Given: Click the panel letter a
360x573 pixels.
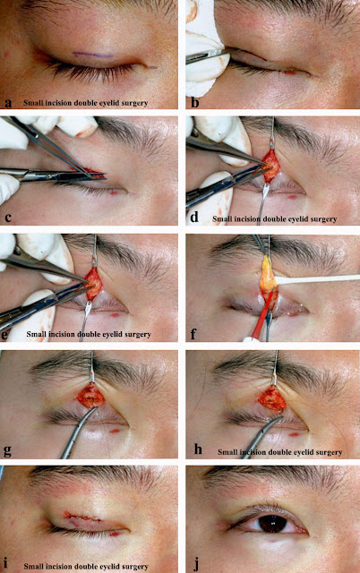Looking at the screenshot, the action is pyautogui.click(x=8, y=102).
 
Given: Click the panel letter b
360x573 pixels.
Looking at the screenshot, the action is pyautogui.click(x=195, y=102).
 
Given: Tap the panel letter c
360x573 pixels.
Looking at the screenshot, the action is pyautogui.click(x=8, y=218).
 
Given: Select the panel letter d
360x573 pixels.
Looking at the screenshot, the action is pyautogui.click(x=194, y=217).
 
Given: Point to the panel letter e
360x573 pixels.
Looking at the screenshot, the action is pyautogui.click(x=8, y=334).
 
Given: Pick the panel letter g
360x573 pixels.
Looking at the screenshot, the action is pyautogui.click(x=7, y=451).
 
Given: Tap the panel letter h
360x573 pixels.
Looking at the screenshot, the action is pyautogui.click(x=198, y=449).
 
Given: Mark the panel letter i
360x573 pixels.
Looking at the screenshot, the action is pyautogui.click(x=7, y=565).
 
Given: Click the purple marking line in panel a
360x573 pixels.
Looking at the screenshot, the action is pyautogui.click(x=93, y=55).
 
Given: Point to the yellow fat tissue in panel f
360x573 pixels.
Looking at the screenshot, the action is pyautogui.click(x=268, y=275).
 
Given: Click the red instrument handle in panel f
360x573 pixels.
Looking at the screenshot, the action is pyautogui.click(x=262, y=314).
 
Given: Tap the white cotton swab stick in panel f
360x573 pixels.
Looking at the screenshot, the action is pyautogui.click(x=317, y=279).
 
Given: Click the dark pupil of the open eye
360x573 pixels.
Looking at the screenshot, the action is pyautogui.click(x=273, y=523).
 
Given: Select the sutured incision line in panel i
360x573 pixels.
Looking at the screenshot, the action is pyautogui.click(x=82, y=517).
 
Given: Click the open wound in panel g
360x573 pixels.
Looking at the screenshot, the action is pyautogui.click(x=90, y=395).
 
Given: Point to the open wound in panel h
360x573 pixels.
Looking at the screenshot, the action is pyautogui.click(x=272, y=398).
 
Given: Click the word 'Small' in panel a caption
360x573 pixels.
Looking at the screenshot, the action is pyautogui.click(x=31, y=103).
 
